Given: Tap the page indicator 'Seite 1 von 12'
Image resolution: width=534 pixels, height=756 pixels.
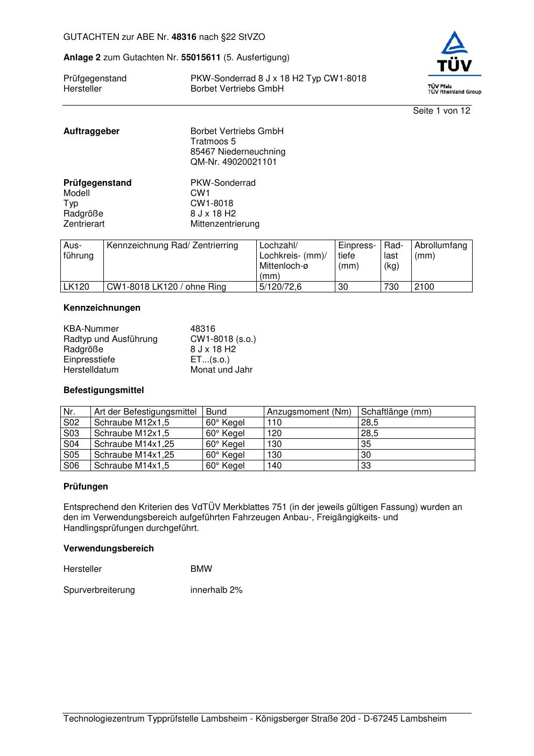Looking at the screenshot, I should point(441,111).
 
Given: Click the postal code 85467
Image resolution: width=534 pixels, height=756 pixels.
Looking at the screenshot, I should point(203,152).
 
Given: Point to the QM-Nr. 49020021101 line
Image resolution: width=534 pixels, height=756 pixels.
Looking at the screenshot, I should point(234,162).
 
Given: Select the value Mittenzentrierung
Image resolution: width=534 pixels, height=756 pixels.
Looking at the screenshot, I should point(224,224).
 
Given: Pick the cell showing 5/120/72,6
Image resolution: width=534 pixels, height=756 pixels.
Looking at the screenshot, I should point(280,287).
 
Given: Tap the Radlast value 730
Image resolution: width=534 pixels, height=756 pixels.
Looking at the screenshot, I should point(391,287).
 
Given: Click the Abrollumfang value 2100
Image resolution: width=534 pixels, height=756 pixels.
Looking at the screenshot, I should point(424,287).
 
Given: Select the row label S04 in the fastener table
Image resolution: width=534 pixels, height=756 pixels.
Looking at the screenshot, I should point(72,444).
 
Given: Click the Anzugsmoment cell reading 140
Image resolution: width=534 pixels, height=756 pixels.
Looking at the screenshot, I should point(275,466).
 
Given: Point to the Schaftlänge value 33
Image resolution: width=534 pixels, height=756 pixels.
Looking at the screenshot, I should point(366,466).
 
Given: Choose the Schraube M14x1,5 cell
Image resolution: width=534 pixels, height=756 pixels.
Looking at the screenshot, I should point(131,466).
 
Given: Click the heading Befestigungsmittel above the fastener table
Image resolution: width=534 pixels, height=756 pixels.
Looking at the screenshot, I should point(103,390).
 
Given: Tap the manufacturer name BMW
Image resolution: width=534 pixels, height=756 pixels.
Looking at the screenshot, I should point(201,569).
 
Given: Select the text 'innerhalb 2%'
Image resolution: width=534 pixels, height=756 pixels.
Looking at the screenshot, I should point(216,590).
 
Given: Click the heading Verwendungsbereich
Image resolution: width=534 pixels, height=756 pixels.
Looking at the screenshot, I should point(108,549).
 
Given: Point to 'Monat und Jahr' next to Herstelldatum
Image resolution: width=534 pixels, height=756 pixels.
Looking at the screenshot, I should point(221,370).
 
